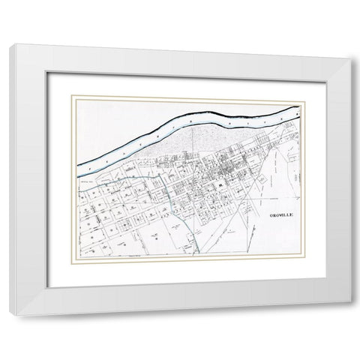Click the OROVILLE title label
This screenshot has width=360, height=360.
pos(280,214)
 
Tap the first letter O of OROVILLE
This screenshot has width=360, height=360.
pos(269,214)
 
